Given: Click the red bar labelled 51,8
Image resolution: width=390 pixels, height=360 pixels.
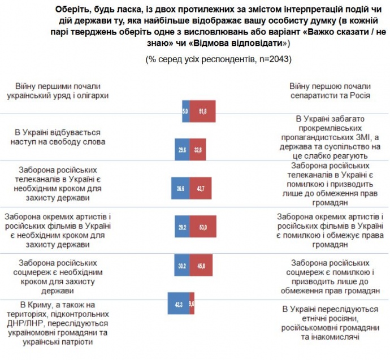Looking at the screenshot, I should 202,112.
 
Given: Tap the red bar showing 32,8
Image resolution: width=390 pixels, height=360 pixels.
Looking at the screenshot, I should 201,150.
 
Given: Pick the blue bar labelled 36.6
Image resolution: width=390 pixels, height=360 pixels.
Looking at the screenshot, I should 180,188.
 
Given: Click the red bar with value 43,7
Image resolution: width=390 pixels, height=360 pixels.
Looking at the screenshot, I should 201,188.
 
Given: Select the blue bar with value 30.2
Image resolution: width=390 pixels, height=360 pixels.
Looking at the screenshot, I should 181,264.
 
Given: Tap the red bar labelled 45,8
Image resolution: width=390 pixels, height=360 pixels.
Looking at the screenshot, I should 202,264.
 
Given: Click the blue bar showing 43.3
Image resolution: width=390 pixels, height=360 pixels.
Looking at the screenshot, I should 178,303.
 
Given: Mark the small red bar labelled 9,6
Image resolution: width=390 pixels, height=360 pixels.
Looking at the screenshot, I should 192,303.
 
